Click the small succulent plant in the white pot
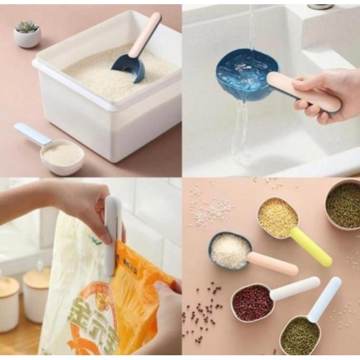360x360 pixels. tap(27, 27)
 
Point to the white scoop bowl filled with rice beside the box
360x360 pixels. tap(62, 155)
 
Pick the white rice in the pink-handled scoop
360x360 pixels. tap(229, 251)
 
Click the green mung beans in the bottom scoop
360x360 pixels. tap(299, 335)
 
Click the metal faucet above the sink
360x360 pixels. tap(321, 6)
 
